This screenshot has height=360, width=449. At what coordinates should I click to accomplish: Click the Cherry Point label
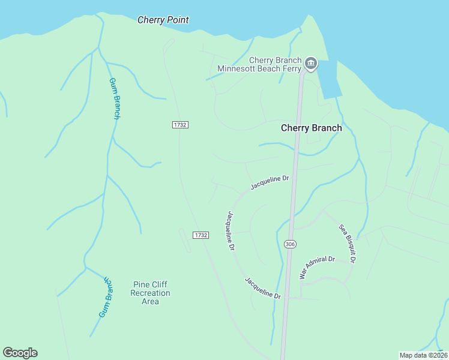tap(163, 20)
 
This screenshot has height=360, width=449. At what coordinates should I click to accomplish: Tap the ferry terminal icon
tap(310, 63)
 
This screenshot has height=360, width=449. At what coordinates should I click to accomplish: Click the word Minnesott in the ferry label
tap(238, 68)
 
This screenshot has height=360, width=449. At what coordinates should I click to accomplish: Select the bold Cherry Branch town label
tap(311, 128)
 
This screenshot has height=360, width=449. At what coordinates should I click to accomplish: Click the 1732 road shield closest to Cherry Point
tap(180, 124)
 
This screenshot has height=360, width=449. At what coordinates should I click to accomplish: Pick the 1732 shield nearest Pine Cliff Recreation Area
tap(200, 235)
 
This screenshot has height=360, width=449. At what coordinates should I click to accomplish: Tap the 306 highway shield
tap(291, 244)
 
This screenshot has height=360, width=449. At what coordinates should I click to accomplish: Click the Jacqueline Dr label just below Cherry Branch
tap(270, 182)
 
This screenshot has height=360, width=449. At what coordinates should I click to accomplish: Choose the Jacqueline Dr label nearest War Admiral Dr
tap(262, 288)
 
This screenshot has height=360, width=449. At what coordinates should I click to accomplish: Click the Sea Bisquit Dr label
tap(348, 244)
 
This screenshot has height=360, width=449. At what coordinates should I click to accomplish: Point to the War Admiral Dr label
tap(316, 267)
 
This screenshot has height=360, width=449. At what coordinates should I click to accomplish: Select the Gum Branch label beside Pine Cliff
tap(106, 297)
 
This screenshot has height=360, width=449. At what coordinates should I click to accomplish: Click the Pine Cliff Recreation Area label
tap(150, 293)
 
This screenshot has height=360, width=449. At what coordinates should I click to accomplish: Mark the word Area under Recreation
tap(150, 302)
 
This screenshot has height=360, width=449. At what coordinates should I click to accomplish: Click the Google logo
tap(20, 353)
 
